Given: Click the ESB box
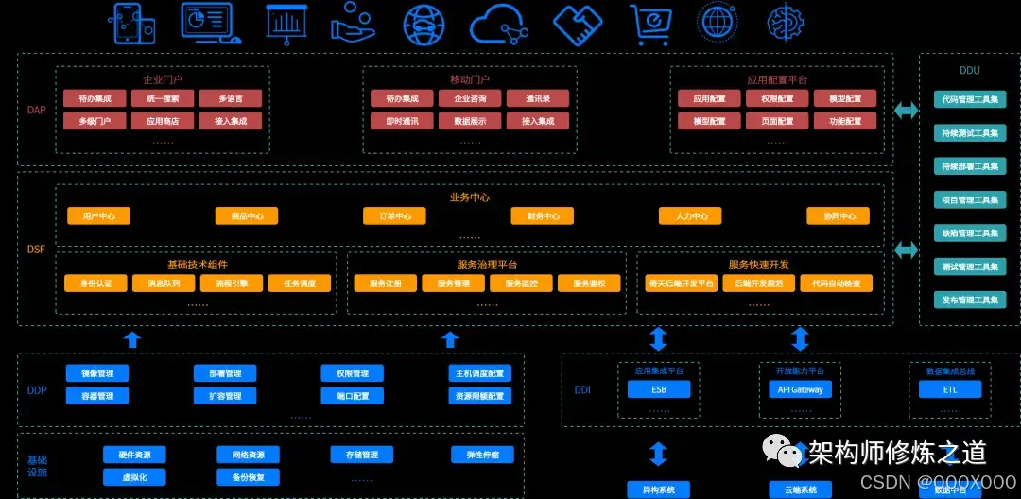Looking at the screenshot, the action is [658, 389].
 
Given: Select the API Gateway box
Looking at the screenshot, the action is [800, 389].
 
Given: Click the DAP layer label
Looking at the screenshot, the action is [36, 111].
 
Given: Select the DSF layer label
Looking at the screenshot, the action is [36, 249].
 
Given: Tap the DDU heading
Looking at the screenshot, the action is [969, 70].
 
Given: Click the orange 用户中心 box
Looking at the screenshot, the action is [98, 216].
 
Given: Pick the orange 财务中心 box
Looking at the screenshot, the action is [543, 216].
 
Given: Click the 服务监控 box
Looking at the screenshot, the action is [521, 284].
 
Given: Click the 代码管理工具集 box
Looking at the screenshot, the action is [970, 99].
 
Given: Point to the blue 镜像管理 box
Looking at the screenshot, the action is [97, 373].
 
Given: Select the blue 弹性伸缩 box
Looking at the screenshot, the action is [482, 455].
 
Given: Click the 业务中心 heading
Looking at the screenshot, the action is [470, 198].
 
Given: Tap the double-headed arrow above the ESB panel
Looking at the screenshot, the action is [658, 338].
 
